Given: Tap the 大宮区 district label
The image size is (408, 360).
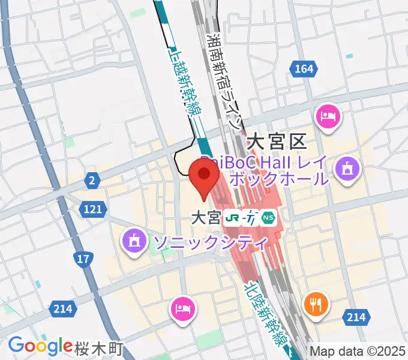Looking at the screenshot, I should (277, 142).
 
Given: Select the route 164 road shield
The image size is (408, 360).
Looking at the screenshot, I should (304, 70).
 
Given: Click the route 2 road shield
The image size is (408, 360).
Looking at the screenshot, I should (92, 179).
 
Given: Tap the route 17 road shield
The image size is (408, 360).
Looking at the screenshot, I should (83, 259).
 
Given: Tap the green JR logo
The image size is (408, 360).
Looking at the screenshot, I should (231, 218).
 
